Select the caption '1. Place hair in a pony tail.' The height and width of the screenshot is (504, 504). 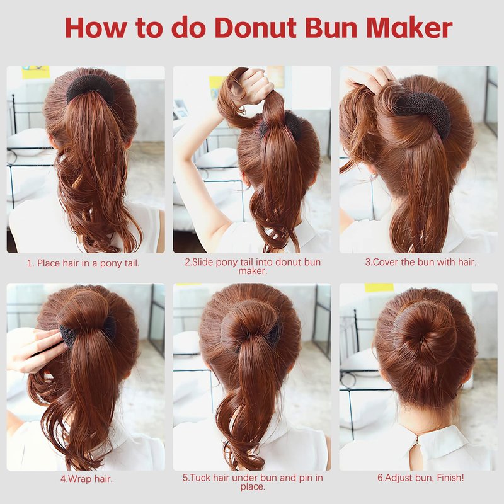point(83,263)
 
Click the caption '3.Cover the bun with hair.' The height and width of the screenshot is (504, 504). point(420,262)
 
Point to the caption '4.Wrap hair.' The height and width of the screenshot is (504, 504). point(86,479)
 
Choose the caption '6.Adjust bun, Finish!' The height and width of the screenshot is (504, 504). point(421,478)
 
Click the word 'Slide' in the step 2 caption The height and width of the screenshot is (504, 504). point(203,262)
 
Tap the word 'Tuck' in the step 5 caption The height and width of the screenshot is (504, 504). point(200,478)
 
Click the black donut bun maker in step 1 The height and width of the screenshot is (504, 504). point(89,88)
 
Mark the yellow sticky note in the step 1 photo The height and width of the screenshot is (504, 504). point(36,72)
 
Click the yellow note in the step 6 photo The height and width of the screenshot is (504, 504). point(379,287)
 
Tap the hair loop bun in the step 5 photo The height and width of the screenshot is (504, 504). point(249,324)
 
